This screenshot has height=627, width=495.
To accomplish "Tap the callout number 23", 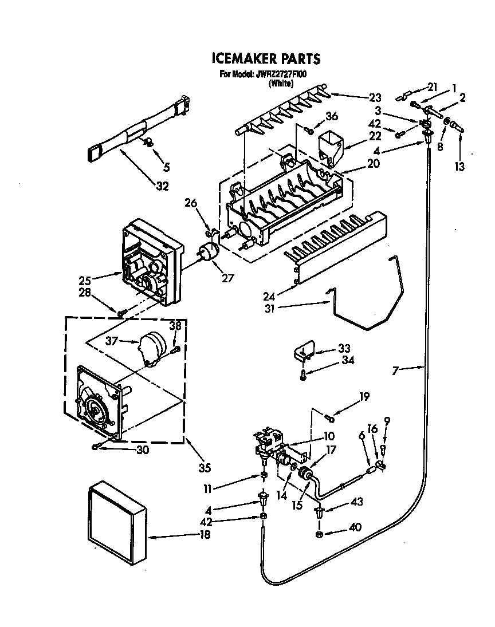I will tap(375, 97).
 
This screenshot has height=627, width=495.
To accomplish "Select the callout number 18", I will tap(203, 535).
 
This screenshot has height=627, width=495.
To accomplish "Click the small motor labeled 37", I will tap(152, 345).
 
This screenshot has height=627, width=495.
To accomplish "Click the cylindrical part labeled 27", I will tap(209, 252).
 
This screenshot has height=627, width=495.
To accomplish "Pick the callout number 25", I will tap(85, 281).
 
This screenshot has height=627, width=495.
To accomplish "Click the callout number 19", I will tap(364, 396).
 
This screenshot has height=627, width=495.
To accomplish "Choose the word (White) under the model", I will tap(280, 84).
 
